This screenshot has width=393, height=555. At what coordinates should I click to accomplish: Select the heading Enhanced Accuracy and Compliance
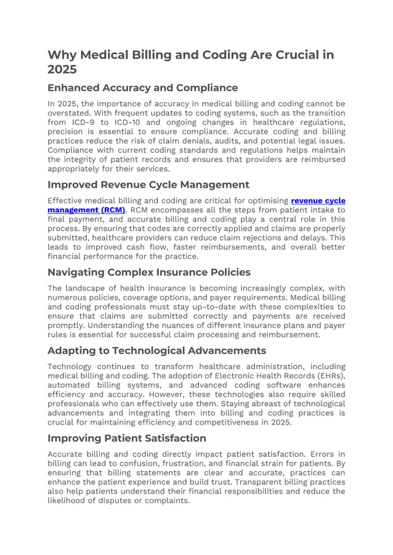coord(142,87)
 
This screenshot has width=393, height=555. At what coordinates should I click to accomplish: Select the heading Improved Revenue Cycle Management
coord(148,185)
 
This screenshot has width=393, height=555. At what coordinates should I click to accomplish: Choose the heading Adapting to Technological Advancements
coord(156,351)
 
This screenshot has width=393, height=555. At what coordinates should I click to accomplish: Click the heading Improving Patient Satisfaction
coord(126,438)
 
